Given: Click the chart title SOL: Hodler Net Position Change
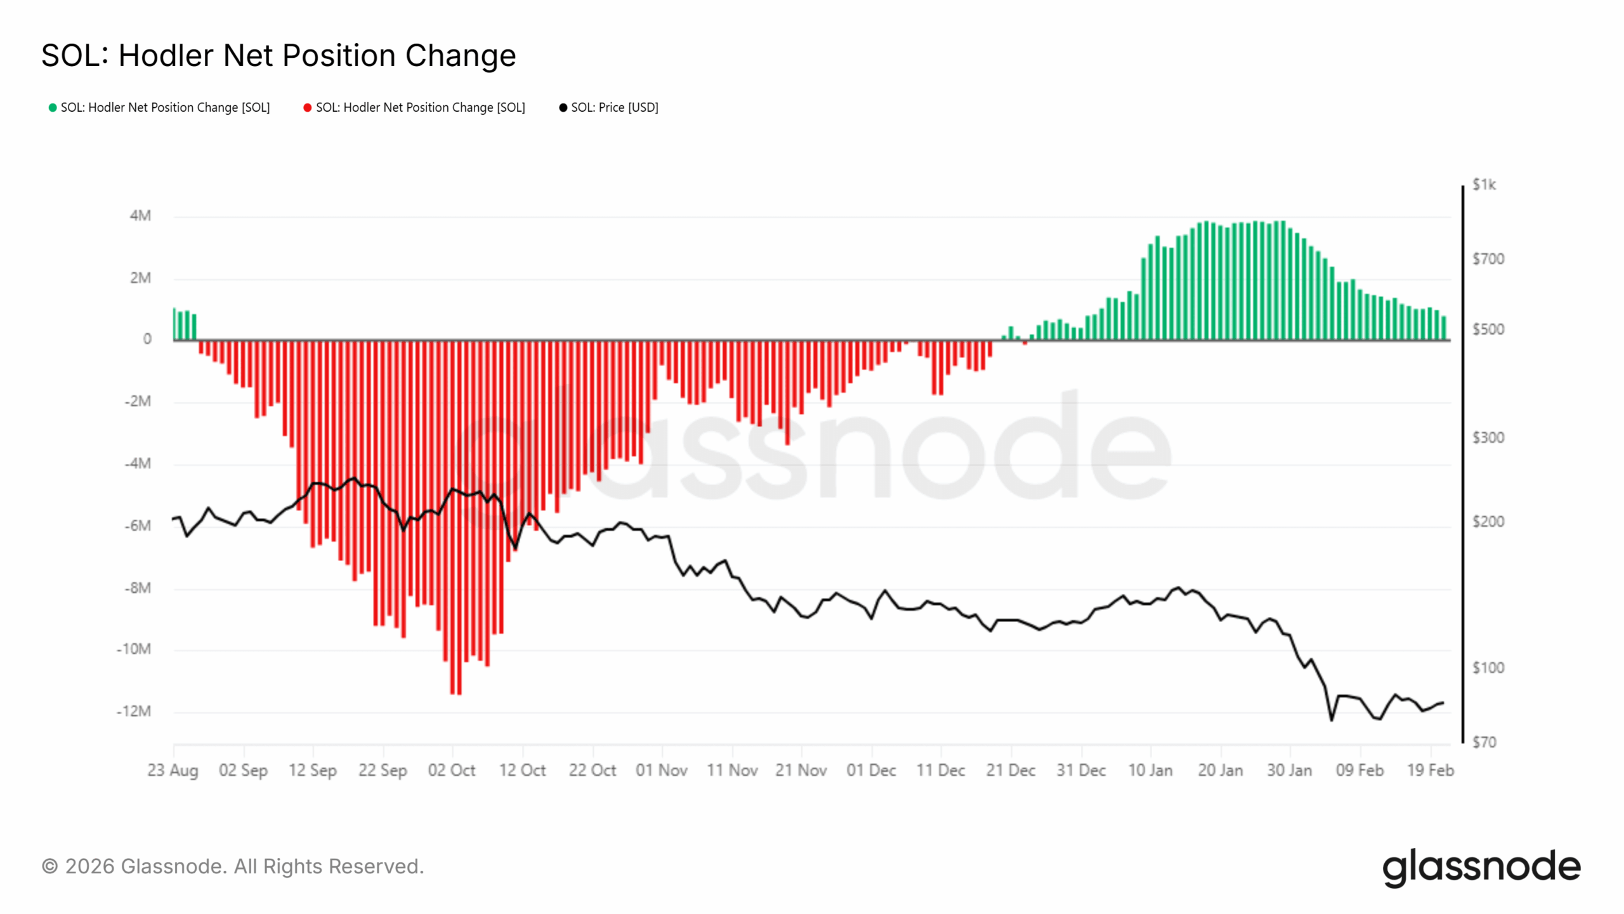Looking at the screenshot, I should [x=278, y=55].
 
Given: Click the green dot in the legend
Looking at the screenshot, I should [x=53, y=108].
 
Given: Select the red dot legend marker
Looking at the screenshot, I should [x=308, y=108].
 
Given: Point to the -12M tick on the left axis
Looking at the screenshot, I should [x=134, y=711].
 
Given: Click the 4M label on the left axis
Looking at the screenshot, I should [x=140, y=216].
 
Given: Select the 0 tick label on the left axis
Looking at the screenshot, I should [x=147, y=339].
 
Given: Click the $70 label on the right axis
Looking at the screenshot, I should [x=1484, y=742].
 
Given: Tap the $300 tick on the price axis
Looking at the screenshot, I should [x=1488, y=437].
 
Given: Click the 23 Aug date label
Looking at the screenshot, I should [x=173, y=770].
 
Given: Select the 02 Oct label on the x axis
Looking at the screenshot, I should [x=452, y=770].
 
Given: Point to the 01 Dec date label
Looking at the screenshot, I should [x=871, y=770].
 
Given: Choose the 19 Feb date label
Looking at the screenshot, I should [x=1430, y=770].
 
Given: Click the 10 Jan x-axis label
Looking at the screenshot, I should [x=1150, y=770].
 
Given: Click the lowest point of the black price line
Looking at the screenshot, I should [x=1331, y=720].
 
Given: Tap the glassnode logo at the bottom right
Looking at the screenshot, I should [x=1481, y=867].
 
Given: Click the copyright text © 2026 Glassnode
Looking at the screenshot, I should [x=232, y=866].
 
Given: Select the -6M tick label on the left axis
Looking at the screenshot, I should [x=138, y=526].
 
